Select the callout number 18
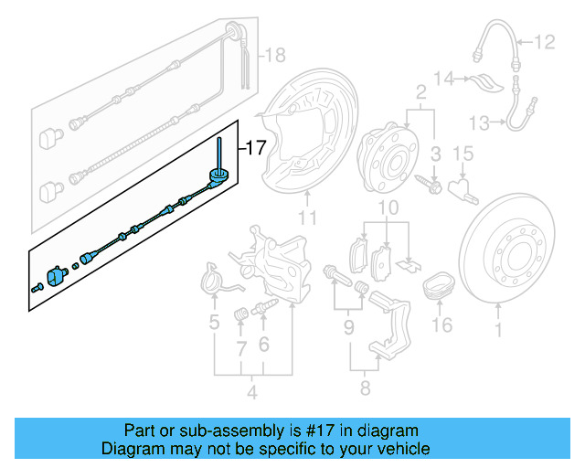[x=274, y=56]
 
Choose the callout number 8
[x=365, y=388]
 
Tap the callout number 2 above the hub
[x=420, y=91]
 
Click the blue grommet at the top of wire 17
[x=220, y=175]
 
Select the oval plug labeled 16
[x=441, y=285]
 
